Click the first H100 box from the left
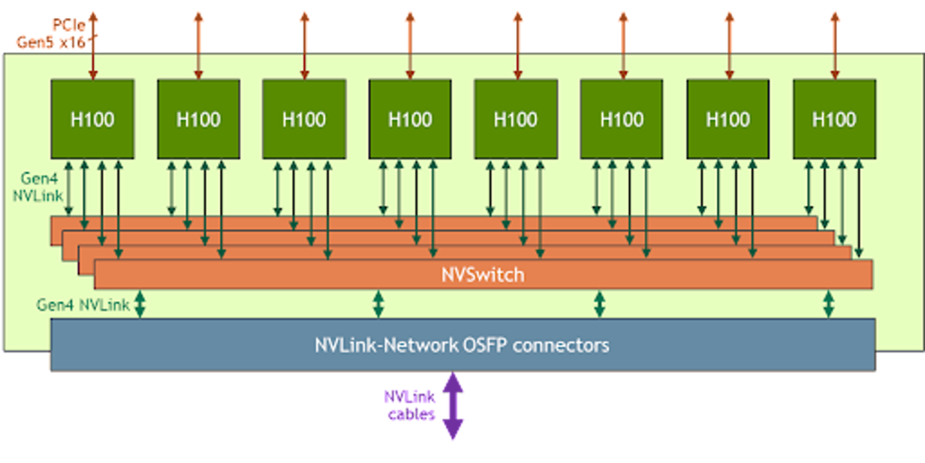click(92, 119)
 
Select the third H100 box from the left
click(304, 119)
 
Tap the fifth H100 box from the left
click(516, 119)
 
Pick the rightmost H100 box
click(834, 119)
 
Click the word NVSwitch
click(483, 275)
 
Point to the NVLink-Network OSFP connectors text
click(462, 344)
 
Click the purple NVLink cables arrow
click(452, 405)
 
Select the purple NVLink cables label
click(411, 405)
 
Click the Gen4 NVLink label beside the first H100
click(38, 187)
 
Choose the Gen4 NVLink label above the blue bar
click(82, 305)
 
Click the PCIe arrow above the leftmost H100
click(92, 45)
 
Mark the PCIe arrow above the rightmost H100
click(834, 45)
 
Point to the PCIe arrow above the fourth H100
click(410, 45)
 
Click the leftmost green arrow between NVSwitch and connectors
click(140, 304)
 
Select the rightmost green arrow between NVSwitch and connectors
click(828, 304)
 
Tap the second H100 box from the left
click(198, 119)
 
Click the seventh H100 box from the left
click(728, 119)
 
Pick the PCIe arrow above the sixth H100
click(623, 45)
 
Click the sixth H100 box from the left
click(622, 119)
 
